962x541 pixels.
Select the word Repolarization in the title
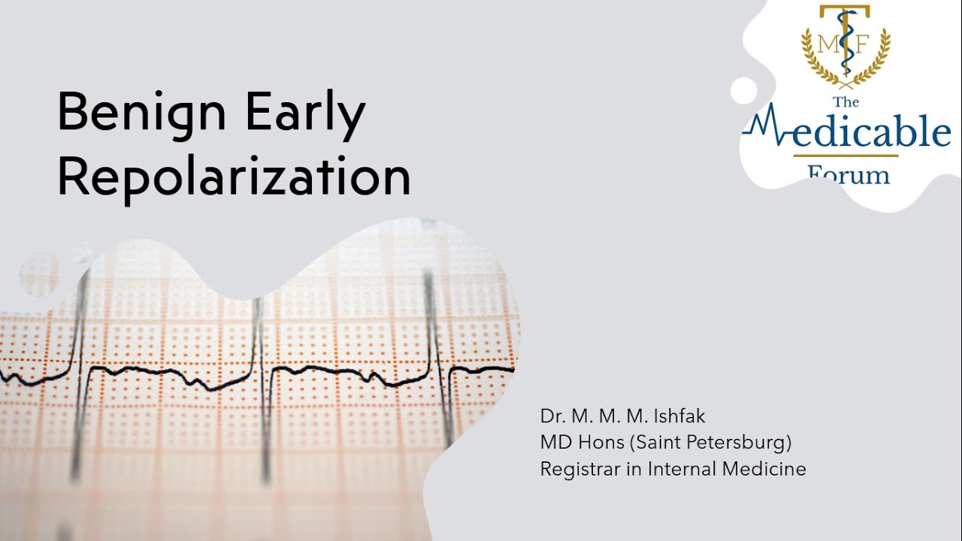(x=234, y=177)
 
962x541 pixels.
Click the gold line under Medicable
(x=846, y=156)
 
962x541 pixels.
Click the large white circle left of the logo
(x=743, y=91)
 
